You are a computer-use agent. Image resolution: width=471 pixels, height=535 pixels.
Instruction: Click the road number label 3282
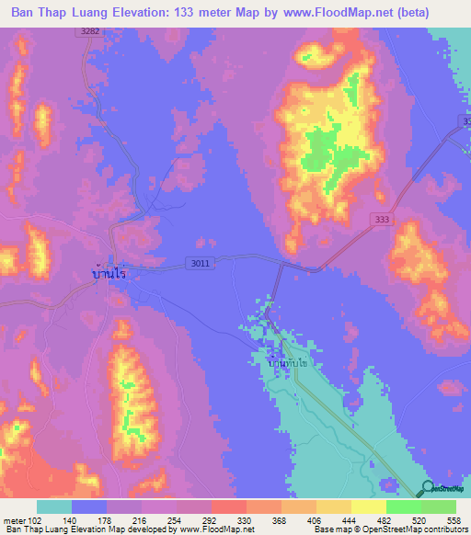click(89, 31)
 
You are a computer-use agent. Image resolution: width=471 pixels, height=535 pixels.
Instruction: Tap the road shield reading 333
click(383, 219)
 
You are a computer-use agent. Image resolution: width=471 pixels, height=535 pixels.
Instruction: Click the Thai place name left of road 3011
click(109, 273)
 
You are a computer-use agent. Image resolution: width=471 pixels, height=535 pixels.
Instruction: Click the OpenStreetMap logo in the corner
click(442, 488)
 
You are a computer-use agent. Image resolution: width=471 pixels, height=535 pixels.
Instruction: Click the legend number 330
click(246, 519)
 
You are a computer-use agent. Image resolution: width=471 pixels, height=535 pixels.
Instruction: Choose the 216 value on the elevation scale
click(141, 519)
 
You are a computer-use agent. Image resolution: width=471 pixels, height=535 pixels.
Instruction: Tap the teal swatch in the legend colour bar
click(54, 507)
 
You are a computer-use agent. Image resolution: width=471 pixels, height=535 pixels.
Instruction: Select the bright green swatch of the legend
click(404, 507)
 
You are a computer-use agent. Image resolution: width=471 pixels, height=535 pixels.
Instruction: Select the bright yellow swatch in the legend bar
click(369, 507)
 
